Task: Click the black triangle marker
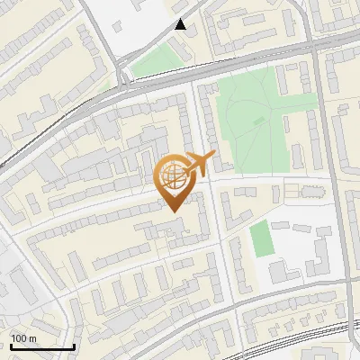pos(181,25)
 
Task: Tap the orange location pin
pos(175,181)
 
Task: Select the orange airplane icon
pos(201,164)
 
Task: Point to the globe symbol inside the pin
pos(175,176)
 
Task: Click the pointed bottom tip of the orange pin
pos(175,211)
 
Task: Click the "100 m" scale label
pos(23,337)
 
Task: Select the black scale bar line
pos(42,346)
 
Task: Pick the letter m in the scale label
pos(32,337)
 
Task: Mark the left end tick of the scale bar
pos(11,345)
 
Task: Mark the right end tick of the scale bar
pos(74,345)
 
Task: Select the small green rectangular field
pos(260,238)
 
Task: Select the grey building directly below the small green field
pos(277,271)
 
